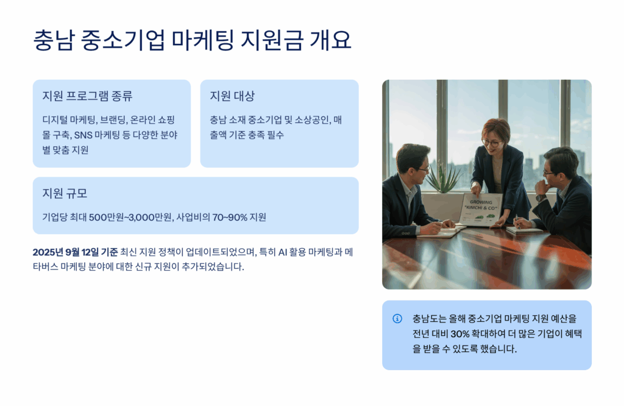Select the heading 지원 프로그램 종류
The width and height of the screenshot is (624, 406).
[87, 96]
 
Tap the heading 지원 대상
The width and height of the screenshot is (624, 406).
[232, 96]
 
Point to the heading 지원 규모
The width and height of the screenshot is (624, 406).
[65, 193]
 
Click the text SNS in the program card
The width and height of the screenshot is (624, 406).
[83, 135]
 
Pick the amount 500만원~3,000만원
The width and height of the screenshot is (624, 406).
[130, 218]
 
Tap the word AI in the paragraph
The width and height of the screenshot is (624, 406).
[283, 252]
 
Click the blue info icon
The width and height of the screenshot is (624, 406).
[397, 318]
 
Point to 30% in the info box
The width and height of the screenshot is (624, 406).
[460, 333]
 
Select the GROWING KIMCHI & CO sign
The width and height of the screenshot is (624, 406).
[481, 209]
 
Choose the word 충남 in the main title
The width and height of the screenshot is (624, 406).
[54, 40]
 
